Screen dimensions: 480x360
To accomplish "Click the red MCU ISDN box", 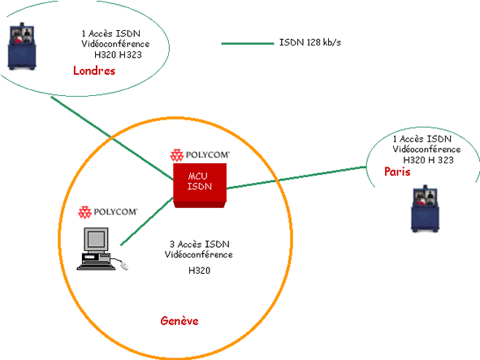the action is pos(200,185).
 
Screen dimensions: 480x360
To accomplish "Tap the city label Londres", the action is pos(94,71).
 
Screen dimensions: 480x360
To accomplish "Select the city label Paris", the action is pos(397,171).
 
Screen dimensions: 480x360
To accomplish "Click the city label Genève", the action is pos(179,321).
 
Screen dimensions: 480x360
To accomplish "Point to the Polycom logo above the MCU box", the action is pos(200,155).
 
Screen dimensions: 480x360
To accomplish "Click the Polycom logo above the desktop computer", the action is pos(108,212).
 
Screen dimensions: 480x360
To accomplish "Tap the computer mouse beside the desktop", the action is pos(124,265).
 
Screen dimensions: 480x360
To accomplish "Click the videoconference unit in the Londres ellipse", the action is pos(22,46).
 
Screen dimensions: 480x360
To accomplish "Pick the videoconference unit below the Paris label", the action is pos(425,209).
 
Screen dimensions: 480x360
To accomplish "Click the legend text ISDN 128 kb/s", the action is pos(310,42).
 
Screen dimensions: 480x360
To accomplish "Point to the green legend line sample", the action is pos(248,44).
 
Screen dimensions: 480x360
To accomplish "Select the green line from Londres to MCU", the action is pos(112,138).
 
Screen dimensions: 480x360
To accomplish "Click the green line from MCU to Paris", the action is pos(296,177).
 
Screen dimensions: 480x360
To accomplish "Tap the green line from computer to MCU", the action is pos(147,221).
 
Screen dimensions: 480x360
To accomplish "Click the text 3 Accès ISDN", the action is pos(200,244).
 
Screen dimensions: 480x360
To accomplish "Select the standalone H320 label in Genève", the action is pos(200,271).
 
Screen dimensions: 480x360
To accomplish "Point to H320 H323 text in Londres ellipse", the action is pos(118,54).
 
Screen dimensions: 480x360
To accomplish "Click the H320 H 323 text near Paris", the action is pos(428,160).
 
